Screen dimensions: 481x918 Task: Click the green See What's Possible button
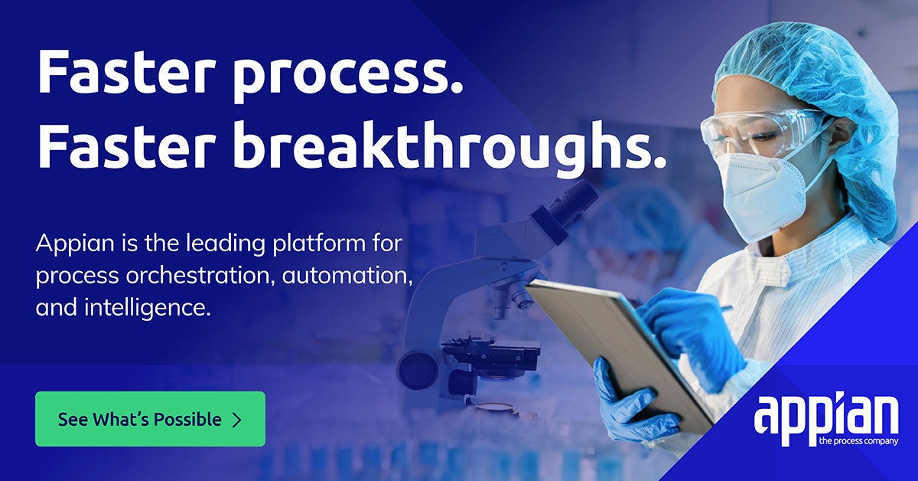coord(150,419)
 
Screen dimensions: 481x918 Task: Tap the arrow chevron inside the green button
coord(236,420)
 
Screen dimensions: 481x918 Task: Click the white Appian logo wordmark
coord(825,417)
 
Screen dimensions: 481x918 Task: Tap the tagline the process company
coord(858,442)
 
